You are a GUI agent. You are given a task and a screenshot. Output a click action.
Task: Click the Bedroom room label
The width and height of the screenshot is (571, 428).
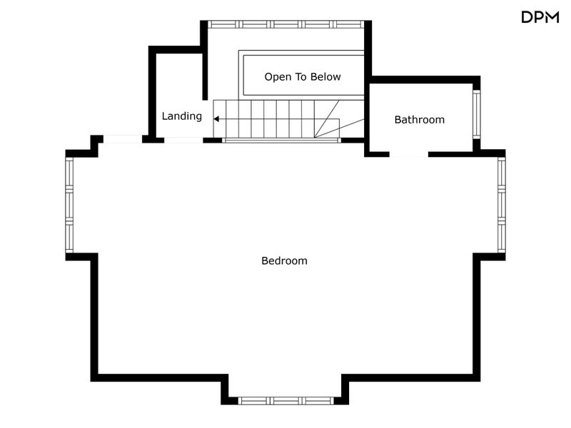[284, 260]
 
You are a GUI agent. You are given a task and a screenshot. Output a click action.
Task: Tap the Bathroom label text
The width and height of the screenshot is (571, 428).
[419, 120]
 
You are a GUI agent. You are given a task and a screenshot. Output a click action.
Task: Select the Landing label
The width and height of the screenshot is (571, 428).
[182, 116]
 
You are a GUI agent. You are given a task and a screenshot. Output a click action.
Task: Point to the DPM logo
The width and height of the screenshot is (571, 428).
[540, 17]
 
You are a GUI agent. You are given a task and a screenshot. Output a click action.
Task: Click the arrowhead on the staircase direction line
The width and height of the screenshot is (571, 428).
[216, 119]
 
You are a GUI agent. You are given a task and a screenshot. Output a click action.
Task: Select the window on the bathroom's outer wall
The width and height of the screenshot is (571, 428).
[476, 114]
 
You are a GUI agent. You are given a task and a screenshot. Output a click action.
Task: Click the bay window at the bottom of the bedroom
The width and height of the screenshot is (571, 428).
[285, 401]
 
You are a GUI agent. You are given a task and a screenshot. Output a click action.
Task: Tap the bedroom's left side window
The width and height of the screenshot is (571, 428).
[69, 205]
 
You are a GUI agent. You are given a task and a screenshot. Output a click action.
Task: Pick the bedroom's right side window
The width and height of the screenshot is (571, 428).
[502, 205]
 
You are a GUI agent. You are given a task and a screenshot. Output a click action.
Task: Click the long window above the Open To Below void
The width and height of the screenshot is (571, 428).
[286, 24]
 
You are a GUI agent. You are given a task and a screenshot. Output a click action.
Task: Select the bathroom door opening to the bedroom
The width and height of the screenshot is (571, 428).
[408, 155]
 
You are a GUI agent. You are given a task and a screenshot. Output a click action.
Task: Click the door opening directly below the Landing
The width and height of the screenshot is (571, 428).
[183, 140]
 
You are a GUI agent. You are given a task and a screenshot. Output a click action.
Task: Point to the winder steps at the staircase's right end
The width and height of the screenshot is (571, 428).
[339, 119]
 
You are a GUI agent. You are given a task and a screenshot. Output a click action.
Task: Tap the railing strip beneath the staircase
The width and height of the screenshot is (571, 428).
[281, 140]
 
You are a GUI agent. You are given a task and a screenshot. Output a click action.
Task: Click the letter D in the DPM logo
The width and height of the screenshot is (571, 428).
[527, 17]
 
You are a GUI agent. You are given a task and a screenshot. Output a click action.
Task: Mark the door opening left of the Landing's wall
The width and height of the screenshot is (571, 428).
[123, 138]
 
